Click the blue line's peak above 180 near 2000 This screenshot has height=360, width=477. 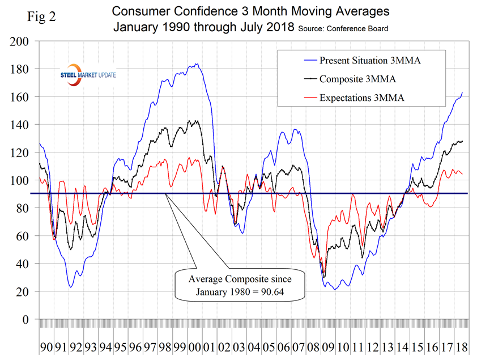pos(196,64)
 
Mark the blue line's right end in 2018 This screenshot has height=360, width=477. pos(463,92)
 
